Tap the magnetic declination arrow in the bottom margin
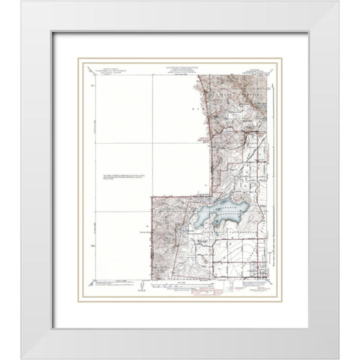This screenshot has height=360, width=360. coord(139,286)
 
